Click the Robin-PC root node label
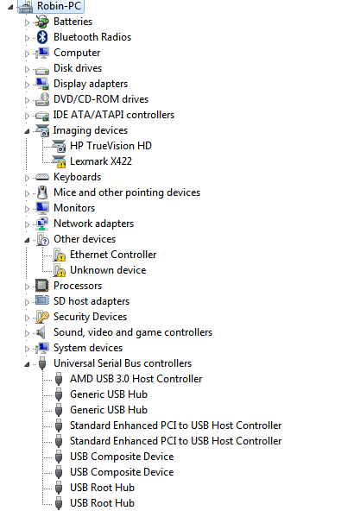point(59,6)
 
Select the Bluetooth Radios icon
point(42,37)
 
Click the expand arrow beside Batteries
point(27,22)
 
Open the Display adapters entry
point(91,84)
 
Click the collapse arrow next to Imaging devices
point(27,131)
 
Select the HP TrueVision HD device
point(111,146)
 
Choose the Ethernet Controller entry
point(113,255)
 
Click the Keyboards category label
point(77,177)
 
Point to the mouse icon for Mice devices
point(42,192)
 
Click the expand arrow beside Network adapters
point(27,224)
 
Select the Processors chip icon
point(42,286)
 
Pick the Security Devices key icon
point(42,317)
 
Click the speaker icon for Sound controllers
point(41,332)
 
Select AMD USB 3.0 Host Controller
point(136,379)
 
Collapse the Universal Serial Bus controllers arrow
point(27,364)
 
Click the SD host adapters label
point(92,301)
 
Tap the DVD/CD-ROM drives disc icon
point(42,99)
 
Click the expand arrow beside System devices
point(27,349)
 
